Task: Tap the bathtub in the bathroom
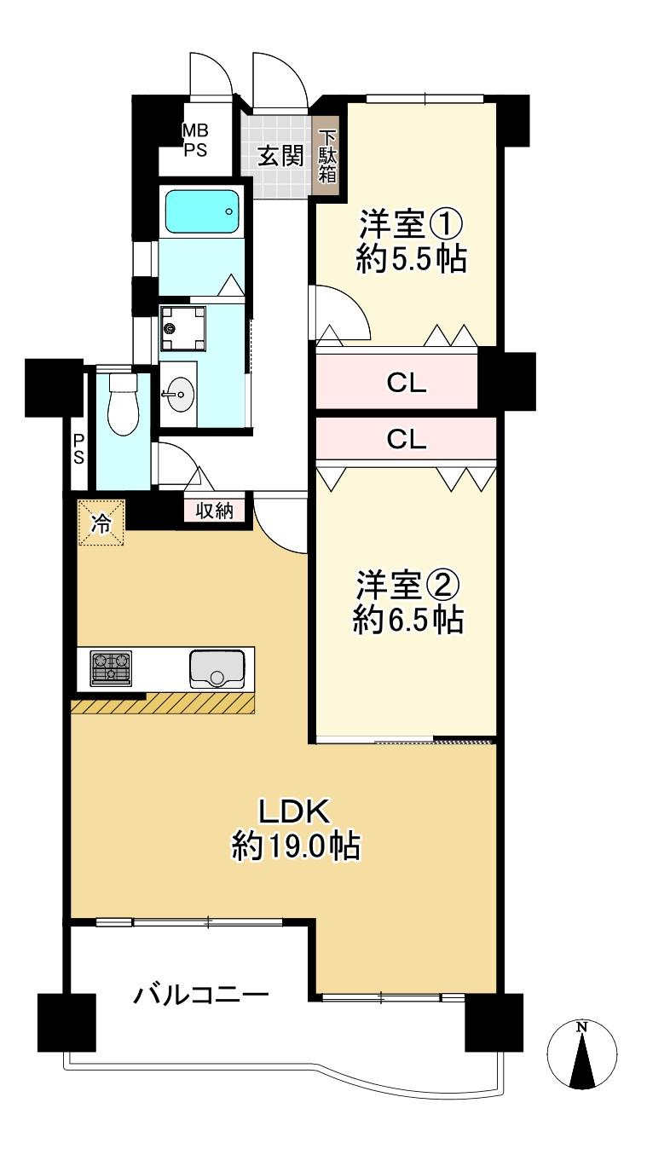(x=202, y=211)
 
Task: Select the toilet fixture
(x=124, y=404)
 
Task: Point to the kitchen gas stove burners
(x=111, y=668)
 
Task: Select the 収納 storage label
(x=215, y=511)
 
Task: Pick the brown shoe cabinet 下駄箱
(x=327, y=156)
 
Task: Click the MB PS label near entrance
(x=195, y=139)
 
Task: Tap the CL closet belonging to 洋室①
(x=406, y=383)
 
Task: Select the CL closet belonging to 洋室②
(x=406, y=438)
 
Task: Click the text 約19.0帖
(x=295, y=846)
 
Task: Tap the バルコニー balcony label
(x=201, y=995)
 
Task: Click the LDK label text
(x=295, y=811)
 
